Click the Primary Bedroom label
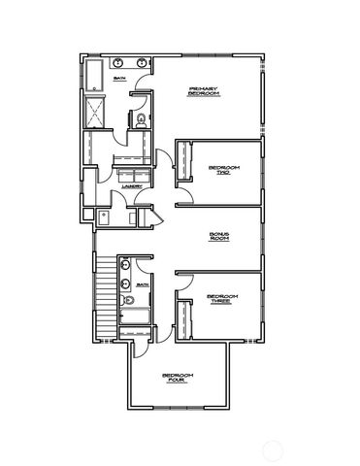(x=205, y=90)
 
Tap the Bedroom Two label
(x=224, y=170)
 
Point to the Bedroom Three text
(x=222, y=299)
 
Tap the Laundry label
(x=132, y=186)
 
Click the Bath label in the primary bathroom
(x=119, y=79)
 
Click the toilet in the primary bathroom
(x=141, y=119)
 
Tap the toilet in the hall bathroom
(x=126, y=301)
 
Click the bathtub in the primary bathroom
(x=94, y=75)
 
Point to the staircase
(x=103, y=291)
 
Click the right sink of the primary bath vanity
(x=143, y=63)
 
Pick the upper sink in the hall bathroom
(x=124, y=265)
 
